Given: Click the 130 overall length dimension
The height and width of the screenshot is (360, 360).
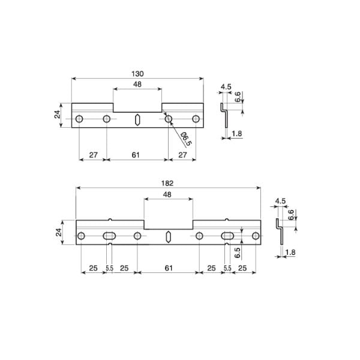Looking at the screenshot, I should [137, 73].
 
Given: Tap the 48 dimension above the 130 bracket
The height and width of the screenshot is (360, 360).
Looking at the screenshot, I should [137, 85].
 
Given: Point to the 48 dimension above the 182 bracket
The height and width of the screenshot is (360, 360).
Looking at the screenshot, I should [168, 194].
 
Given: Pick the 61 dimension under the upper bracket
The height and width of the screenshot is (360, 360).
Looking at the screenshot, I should [136, 155].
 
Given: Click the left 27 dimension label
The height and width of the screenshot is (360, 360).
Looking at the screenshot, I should [93, 155].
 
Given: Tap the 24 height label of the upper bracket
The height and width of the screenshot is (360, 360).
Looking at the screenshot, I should [58, 114].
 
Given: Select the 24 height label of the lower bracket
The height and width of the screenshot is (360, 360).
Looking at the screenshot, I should [59, 232].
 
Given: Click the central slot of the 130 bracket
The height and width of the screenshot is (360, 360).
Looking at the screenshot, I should [137, 119].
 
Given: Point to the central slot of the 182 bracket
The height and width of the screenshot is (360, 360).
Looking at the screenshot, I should [168, 236].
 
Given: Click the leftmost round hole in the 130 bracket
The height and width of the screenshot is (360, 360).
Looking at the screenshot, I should [79, 119].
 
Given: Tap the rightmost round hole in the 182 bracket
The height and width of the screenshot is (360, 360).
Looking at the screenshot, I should [256, 236].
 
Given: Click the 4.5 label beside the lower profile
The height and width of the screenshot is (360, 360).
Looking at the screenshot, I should [280, 202].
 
